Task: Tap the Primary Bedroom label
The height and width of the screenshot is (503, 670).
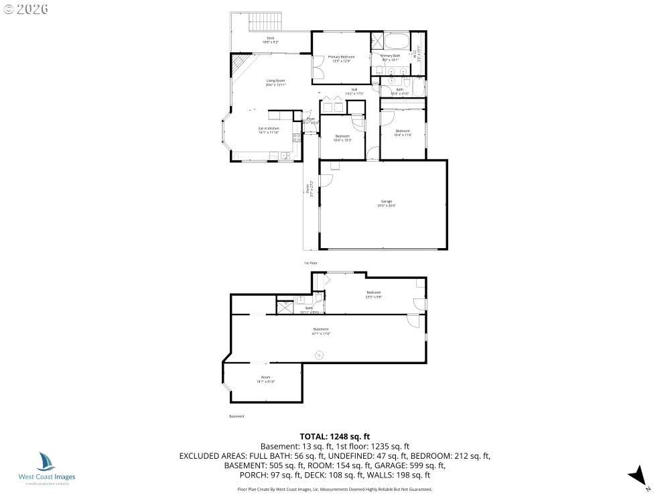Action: (341, 58)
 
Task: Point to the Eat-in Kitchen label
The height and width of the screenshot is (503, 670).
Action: (269, 130)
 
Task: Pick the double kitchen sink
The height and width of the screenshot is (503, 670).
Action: (285, 157)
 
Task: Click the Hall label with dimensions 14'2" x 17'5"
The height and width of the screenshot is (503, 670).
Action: (354, 91)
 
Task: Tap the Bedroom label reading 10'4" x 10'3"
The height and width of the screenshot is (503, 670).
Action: (342, 138)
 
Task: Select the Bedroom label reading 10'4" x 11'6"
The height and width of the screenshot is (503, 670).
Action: (402, 132)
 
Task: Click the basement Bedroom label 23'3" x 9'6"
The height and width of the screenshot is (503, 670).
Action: (374, 294)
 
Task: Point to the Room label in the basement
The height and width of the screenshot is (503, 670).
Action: (265, 380)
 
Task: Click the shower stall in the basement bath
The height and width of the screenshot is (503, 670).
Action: (284, 307)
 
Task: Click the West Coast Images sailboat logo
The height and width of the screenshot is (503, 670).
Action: (47, 461)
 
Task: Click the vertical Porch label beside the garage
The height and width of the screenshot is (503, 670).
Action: (308, 190)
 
